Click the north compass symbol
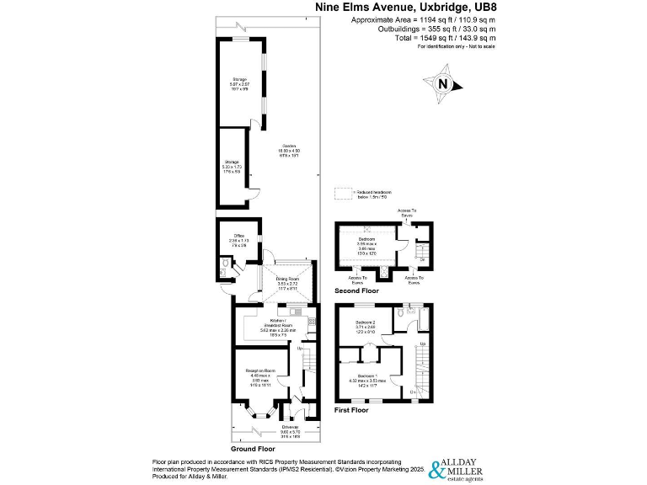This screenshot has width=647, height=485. pyautogui.click(x=444, y=83)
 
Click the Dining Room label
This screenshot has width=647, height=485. pyautogui.click(x=288, y=281)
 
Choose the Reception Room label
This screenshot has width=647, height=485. pyautogui.click(x=261, y=373)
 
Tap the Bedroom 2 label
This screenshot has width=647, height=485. pyautogui.click(x=366, y=324)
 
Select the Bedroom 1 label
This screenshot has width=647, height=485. pyautogui.click(x=366, y=376)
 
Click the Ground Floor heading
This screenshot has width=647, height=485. pyautogui.click(x=254, y=449)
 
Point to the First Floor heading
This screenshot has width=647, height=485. pyautogui.click(x=352, y=410)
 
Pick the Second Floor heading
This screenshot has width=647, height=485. pyautogui.click(x=356, y=290)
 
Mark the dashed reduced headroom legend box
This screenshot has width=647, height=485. pyautogui.click(x=343, y=194)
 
